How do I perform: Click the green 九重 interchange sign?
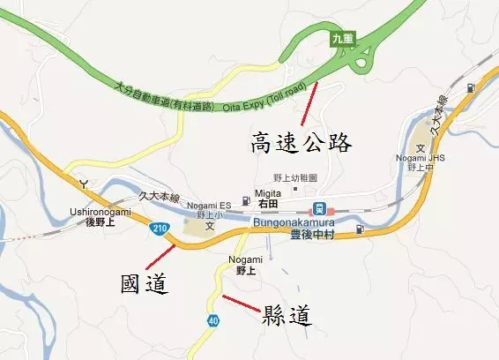point(343,39)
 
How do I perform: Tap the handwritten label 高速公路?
point(302,142)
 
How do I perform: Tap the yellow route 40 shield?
point(212,321)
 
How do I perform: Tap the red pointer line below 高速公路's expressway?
point(306,108)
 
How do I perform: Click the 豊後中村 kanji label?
point(315,236)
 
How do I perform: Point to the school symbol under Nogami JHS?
point(421,146)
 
